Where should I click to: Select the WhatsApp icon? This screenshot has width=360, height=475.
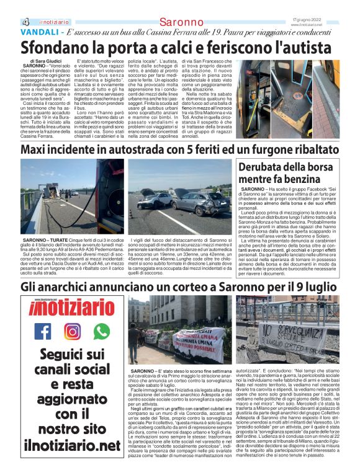pos(101,331)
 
